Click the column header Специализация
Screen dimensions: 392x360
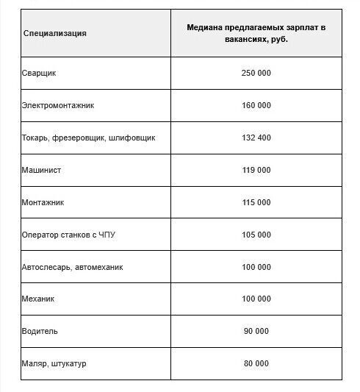point(55,33)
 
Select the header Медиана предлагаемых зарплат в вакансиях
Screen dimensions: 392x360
point(256,33)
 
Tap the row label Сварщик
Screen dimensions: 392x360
point(40,74)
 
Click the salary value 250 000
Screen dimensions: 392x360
point(256,74)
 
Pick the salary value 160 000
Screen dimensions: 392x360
point(256,105)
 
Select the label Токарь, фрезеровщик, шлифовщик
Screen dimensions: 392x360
point(89,138)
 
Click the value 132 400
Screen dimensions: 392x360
point(256,138)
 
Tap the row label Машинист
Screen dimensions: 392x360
point(42,170)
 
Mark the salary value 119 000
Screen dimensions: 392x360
point(256,170)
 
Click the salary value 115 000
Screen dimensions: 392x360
point(256,202)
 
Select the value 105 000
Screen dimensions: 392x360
point(256,235)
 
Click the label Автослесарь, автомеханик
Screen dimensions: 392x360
point(73,267)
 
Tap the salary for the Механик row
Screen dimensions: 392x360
point(256,299)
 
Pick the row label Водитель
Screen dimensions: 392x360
point(40,332)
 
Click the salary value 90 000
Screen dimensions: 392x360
point(256,332)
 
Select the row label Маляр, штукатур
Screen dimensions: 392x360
point(54,364)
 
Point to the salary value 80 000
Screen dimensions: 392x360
point(256,364)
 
